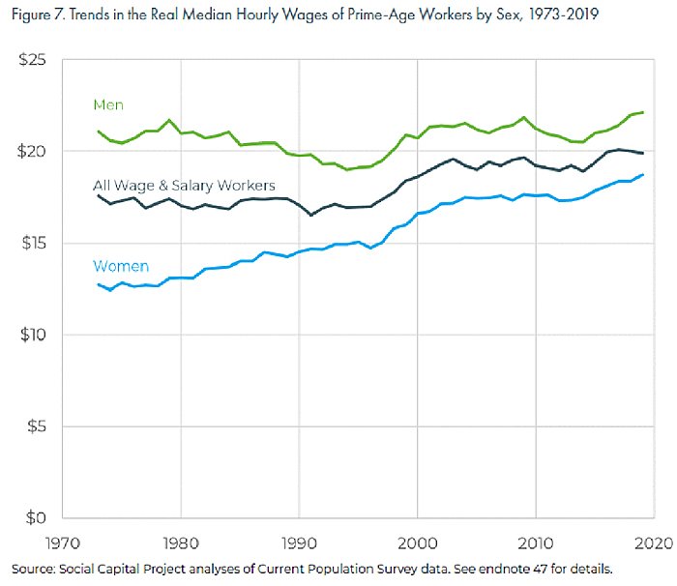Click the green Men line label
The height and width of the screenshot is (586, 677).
108,104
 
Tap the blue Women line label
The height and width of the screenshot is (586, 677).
120,266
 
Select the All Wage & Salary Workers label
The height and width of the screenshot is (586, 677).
184,185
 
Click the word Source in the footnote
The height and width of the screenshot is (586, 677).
33,567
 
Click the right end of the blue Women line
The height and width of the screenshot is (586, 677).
643,175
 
